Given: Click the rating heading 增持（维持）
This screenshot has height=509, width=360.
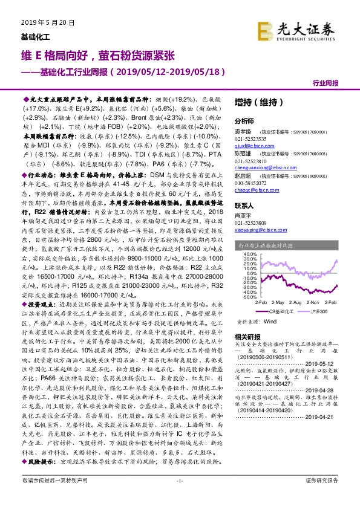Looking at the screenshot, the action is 255,103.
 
